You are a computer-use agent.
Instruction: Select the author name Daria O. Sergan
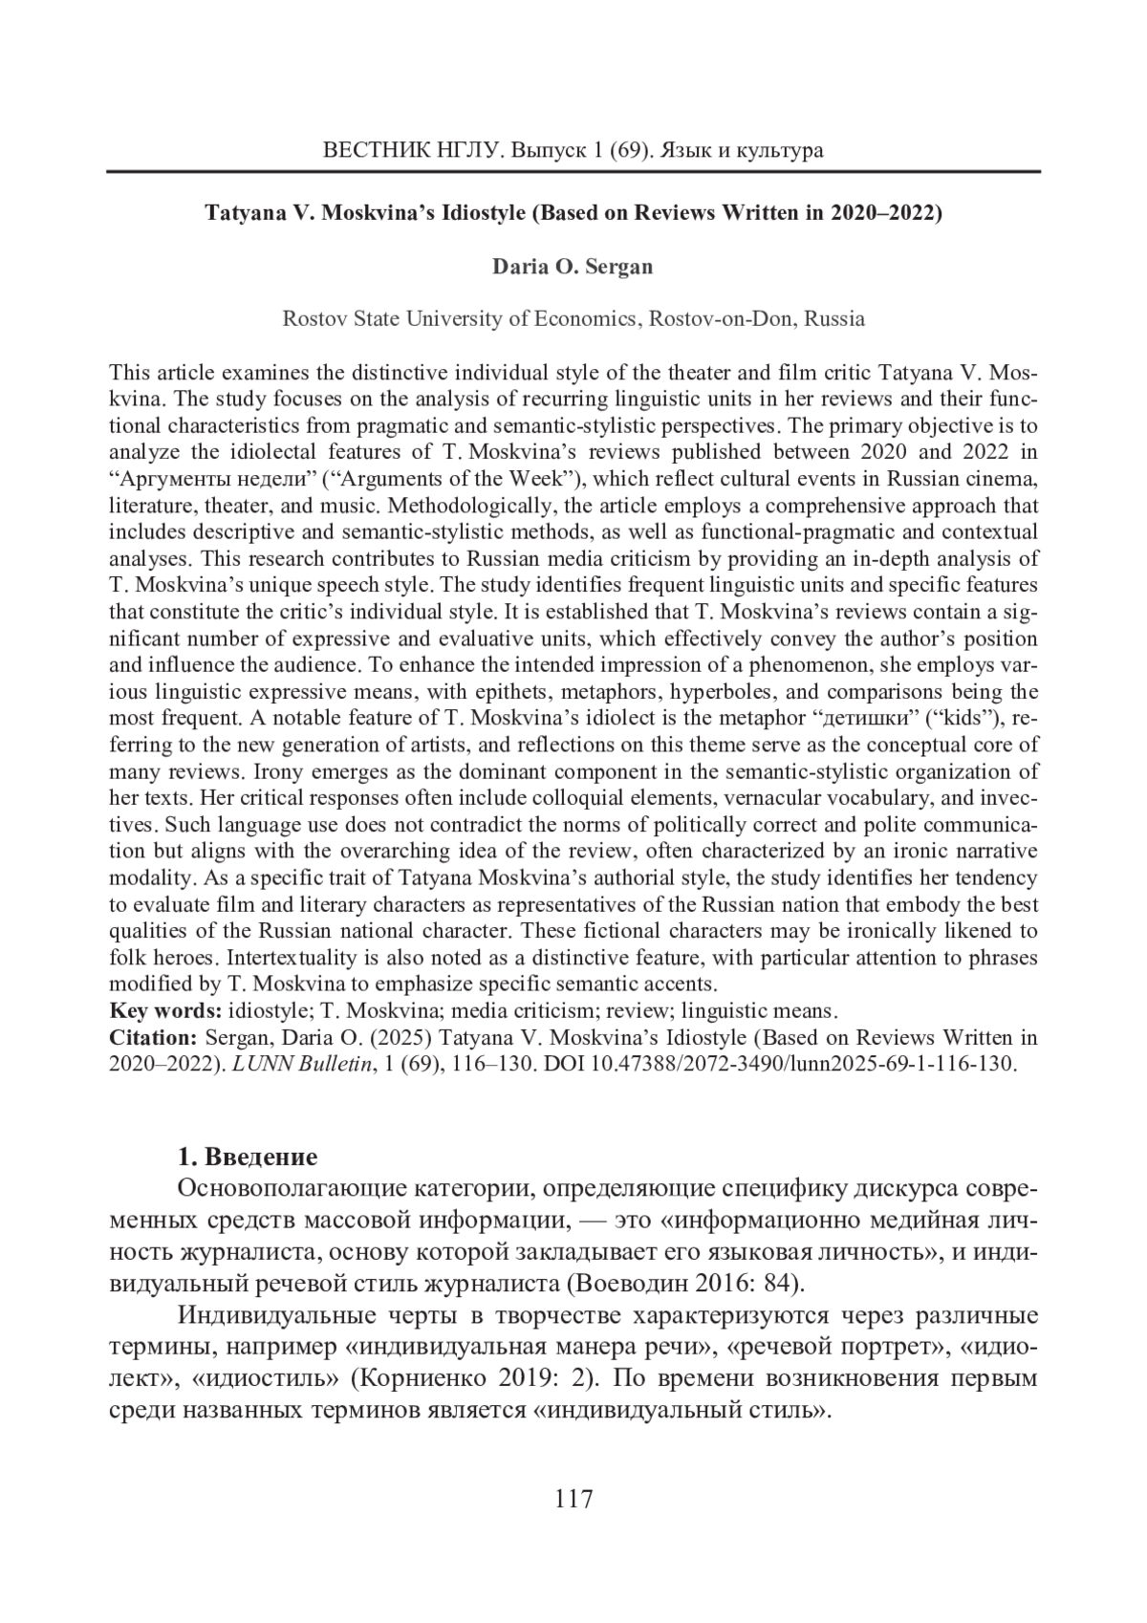[573, 267]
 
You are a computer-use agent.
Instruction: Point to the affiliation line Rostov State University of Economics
[573, 318]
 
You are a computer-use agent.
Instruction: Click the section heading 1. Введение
[247, 1158]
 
